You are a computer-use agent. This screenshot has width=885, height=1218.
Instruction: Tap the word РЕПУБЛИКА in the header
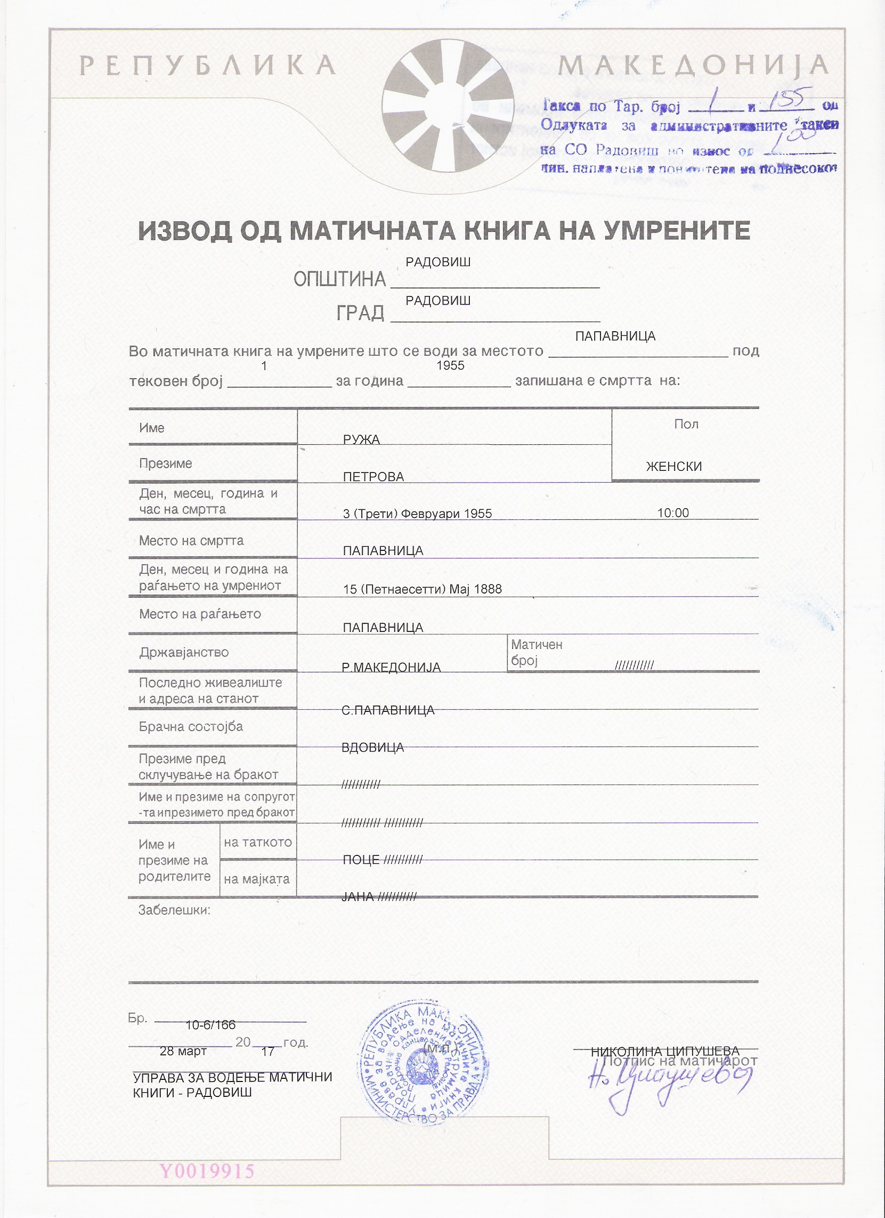click(x=207, y=66)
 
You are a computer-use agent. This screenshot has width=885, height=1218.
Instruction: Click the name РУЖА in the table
click(x=361, y=440)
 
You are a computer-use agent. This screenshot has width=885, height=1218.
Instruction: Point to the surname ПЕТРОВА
click(x=373, y=477)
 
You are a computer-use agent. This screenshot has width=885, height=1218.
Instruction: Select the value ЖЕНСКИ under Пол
click(x=673, y=467)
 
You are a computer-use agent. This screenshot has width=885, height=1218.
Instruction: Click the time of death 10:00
click(x=673, y=513)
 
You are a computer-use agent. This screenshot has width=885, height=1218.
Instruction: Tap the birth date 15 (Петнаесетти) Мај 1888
click(x=422, y=589)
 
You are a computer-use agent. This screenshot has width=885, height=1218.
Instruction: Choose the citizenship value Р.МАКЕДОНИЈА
click(x=391, y=668)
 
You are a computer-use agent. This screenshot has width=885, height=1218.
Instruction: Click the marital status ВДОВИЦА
click(x=372, y=747)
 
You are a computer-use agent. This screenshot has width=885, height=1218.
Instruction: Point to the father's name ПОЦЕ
click(x=361, y=860)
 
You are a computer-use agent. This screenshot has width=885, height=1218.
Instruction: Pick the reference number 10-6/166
click(x=210, y=1025)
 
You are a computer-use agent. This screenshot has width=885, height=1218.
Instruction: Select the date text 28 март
click(x=183, y=1052)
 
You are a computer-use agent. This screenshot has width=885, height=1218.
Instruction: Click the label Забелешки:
click(x=174, y=910)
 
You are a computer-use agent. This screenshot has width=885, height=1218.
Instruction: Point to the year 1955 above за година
click(x=450, y=366)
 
